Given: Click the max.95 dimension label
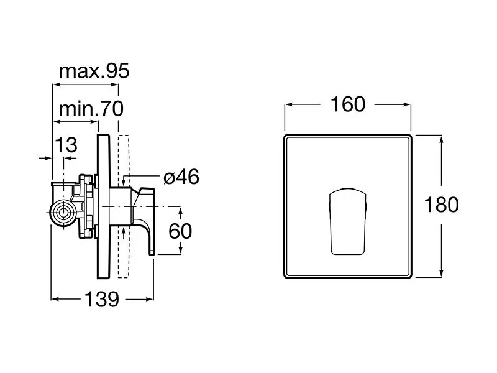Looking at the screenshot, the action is (94, 71).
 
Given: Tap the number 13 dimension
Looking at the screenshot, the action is (66, 145).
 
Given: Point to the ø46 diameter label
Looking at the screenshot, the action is (181, 177).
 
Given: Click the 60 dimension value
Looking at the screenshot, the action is (180, 231).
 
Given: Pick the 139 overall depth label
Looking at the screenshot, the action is (102, 299).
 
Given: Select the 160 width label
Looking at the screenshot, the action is (348, 104).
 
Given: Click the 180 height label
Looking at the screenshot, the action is (442, 205).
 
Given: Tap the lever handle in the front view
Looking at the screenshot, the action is (348, 221).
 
